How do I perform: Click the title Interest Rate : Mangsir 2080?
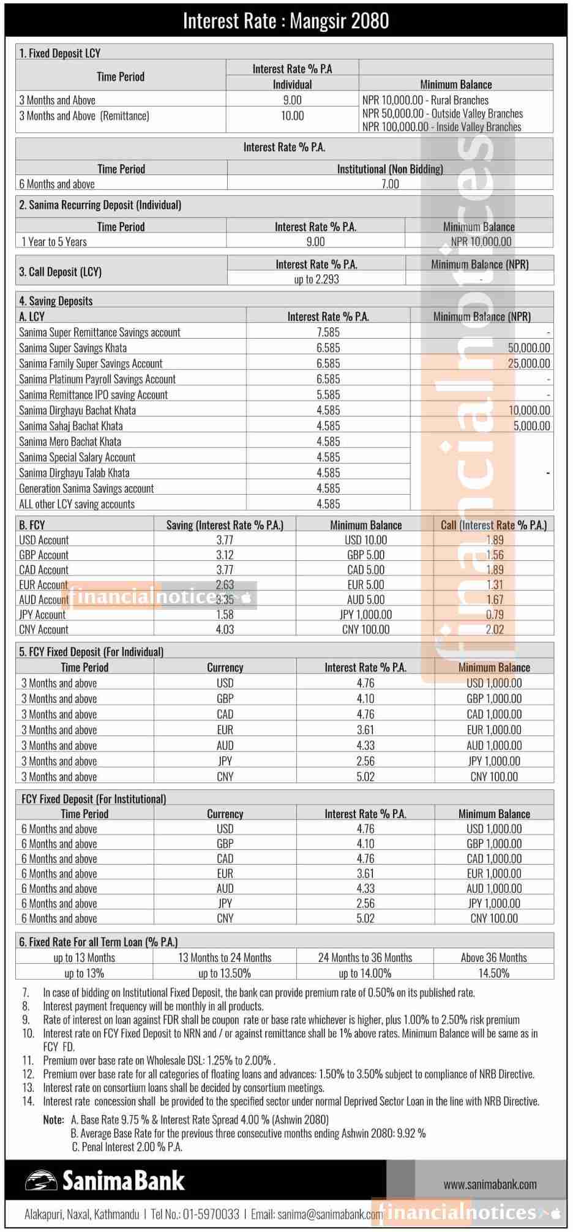pyautogui.click(x=286, y=21)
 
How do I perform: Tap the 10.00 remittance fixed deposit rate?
pyautogui.click(x=292, y=116)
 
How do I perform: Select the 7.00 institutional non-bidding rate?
pyautogui.click(x=390, y=184)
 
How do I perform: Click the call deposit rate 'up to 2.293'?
pyautogui.click(x=316, y=279)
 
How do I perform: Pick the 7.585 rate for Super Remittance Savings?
pyautogui.click(x=328, y=332)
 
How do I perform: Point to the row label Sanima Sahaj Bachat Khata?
pyautogui.click(x=70, y=426)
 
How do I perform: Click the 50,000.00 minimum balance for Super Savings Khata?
pyautogui.click(x=529, y=348)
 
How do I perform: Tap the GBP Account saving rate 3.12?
pyautogui.click(x=225, y=555)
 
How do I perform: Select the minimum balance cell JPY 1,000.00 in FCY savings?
pyautogui.click(x=365, y=614)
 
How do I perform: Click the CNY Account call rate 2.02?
pyautogui.click(x=494, y=629)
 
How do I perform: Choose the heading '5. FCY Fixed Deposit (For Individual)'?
pyautogui.click(x=91, y=652)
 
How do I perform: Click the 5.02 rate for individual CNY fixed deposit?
pyautogui.click(x=365, y=776)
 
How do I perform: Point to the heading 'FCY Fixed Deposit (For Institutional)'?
pyautogui.click(x=94, y=798)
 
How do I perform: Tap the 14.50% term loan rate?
pyautogui.click(x=493, y=973)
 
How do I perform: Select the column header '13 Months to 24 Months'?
pyautogui.click(x=225, y=958)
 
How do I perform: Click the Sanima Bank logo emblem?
pyautogui.click(x=41, y=1181)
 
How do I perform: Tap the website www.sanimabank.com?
pyautogui.click(x=490, y=1184)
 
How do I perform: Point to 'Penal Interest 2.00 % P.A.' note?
pyautogui.click(x=132, y=1147)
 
